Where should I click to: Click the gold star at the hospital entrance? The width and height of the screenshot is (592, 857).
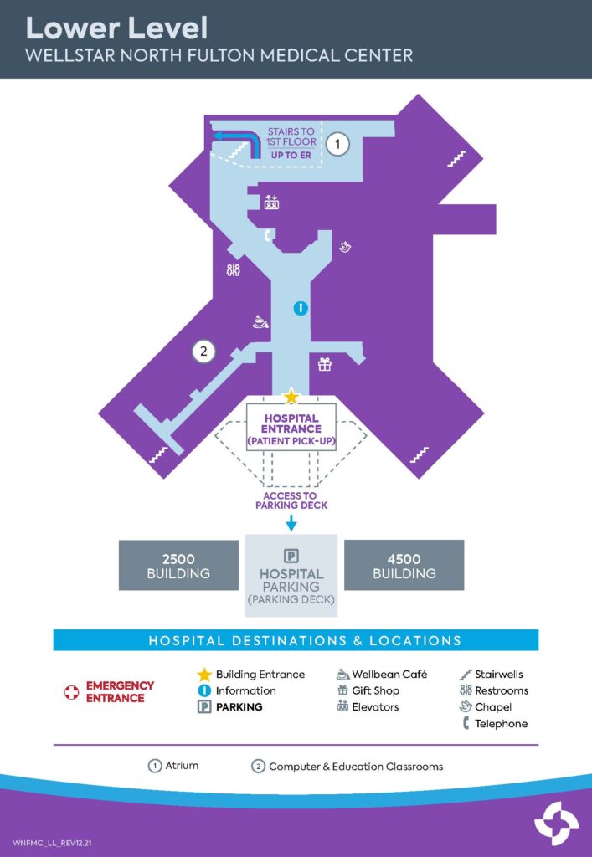291,396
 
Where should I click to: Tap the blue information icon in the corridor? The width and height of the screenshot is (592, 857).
301,309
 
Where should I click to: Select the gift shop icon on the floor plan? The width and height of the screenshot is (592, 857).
324,364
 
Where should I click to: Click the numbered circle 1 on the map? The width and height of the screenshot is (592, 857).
337,145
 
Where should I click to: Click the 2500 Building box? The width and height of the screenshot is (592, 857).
178,566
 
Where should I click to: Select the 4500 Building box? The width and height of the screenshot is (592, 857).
404,566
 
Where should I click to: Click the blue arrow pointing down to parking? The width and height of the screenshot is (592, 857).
291,523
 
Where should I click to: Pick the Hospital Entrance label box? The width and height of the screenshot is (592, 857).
291,428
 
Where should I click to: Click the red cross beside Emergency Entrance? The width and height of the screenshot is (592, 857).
72,691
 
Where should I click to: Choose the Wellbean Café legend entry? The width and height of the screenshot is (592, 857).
382,674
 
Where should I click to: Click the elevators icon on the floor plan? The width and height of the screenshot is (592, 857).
271,202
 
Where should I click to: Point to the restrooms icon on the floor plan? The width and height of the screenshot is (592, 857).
233,270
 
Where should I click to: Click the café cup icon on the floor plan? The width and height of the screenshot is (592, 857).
260,321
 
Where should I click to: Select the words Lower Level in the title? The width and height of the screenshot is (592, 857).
116,28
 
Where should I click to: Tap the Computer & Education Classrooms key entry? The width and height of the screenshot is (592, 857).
347,767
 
